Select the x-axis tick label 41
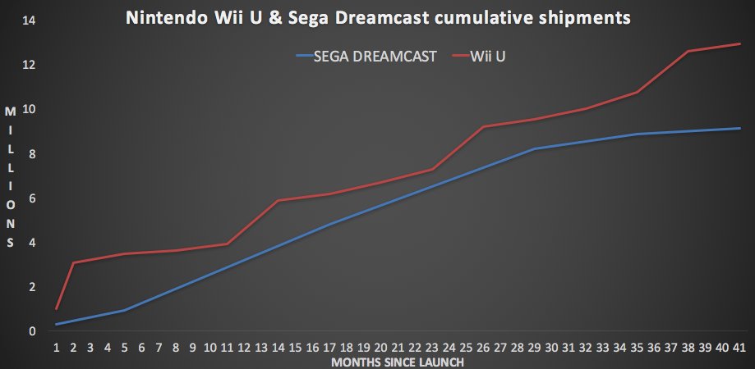pos(739,348)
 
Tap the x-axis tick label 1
pos(57,348)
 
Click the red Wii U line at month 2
pos(74,262)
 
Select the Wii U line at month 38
pos(688,51)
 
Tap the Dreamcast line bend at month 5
pos(125,310)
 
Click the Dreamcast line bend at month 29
pos(535,148)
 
